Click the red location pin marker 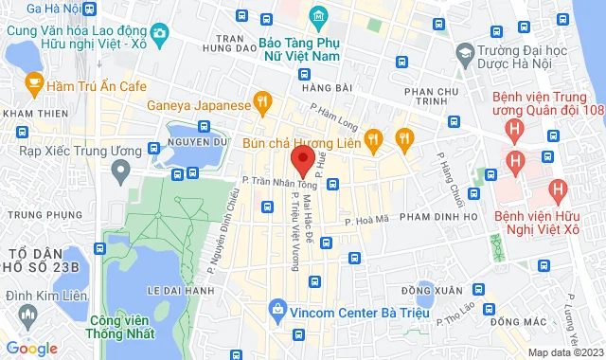click(302, 159)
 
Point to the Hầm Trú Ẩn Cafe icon click(34, 85)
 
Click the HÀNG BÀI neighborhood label click(294, 88)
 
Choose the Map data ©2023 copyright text click(564, 352)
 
